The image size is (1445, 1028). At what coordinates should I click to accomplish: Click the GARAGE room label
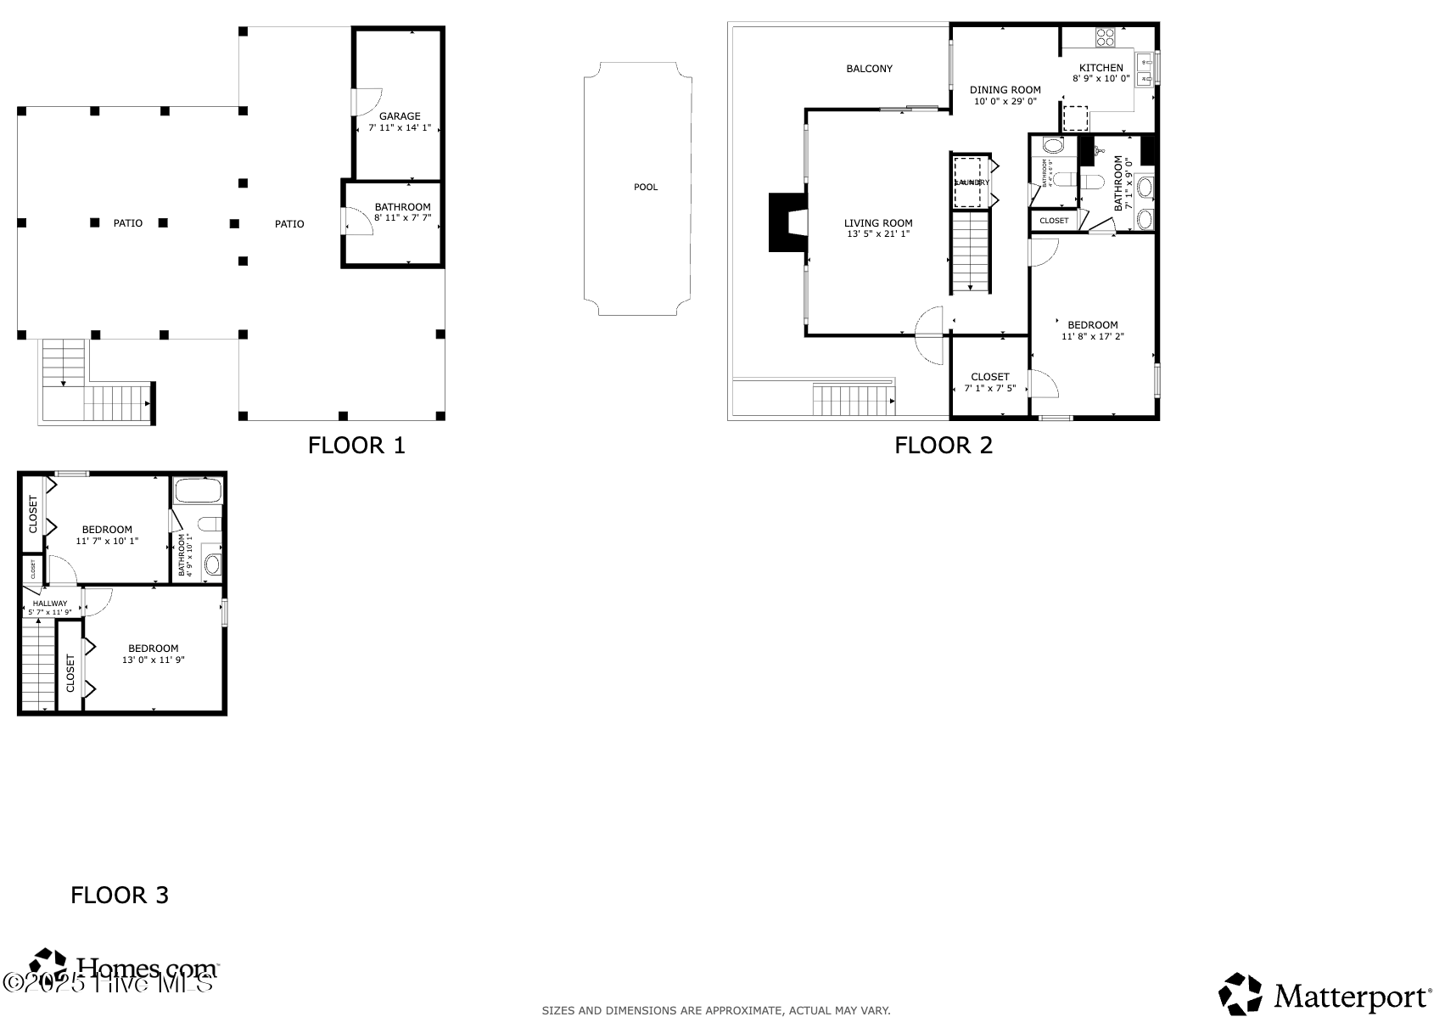(x=400, y=116)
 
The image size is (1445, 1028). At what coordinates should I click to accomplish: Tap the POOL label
(x=646, y=187)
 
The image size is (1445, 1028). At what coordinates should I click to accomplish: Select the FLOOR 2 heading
(x=943, y=445)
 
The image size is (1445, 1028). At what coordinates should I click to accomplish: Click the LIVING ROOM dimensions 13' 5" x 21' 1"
(x=878, y=234)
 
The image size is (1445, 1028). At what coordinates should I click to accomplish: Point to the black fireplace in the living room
(x=787, y=222)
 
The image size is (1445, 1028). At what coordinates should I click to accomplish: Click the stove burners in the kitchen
(x=1105, y=37)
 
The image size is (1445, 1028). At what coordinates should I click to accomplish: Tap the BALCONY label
(x=869, y=69)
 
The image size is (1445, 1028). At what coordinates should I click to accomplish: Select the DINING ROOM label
(x=1005, y=90)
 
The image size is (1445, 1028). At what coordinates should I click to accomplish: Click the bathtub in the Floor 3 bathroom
(x=198, y=491)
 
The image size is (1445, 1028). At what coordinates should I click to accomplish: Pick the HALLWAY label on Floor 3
(x=50, y=604)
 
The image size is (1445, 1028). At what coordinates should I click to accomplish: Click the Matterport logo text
(x=1350, y=997)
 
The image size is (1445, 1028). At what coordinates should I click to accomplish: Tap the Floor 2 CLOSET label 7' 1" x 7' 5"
(x=989, y=377)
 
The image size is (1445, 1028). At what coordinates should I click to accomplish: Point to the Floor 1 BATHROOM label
(x=402, y=207)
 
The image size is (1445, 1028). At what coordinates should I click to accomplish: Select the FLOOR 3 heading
(x=120, y=895)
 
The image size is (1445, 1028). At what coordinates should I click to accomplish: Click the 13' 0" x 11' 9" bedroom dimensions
(x=153, y=660)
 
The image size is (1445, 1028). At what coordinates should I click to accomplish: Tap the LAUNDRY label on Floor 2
(x=972, y=183)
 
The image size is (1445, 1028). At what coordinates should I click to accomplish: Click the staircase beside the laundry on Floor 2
(x=970, y=252)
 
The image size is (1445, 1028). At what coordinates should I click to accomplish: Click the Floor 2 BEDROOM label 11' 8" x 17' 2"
(x=1092, y=325)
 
